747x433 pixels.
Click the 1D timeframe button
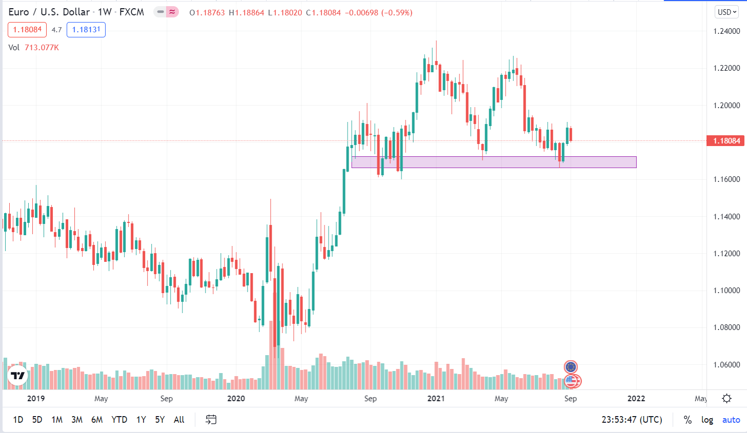[x=18, y=420]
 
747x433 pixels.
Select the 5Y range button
[x=160, y=420]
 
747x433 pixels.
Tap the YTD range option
[x=119, y=420]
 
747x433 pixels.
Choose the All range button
[x=179, y=420]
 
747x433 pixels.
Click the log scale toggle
[x=707, y=420]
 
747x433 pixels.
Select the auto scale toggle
[x=731, y=420]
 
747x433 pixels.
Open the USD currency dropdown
[x=726, y=12]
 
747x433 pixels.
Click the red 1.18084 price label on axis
[x=726, y=140]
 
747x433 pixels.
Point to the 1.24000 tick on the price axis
[x=726, y=31]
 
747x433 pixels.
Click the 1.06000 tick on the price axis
[x=726, y=365]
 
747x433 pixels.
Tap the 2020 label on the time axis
[x=236, y=399]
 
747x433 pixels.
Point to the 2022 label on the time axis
[x=636, y=399]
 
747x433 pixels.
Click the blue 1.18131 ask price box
[x=86, y=30]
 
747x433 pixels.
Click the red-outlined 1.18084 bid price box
[x=27, y=30]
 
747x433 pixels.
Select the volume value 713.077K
[x=42, y=48]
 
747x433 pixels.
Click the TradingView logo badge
[x=18, y=376]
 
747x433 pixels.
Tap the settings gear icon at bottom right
[x=726, y=399]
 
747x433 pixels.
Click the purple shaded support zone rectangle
[x=494, y=162]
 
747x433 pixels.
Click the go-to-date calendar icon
[x=211, y=420]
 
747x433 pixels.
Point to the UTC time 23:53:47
[x=632, y=420]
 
